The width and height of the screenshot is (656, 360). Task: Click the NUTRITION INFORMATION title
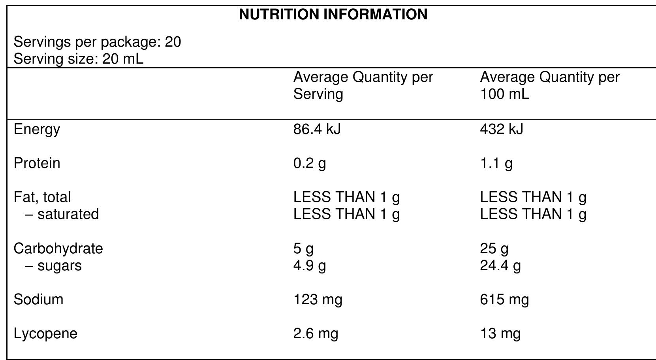[x=333, y=15]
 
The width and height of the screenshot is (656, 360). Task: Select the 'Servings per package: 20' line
[x=97, y=42]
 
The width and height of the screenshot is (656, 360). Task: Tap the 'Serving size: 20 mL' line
[x=78, y=59]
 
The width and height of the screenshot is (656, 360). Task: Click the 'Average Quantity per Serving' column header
[x=363, y=85]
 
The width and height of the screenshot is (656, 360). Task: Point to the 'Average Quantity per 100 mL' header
[x=550, y=85]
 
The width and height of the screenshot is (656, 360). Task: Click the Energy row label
[x=37, y=130]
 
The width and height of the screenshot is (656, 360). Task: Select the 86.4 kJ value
[x=317, y=129]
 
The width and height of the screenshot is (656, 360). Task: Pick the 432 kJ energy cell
[x=501, y=129]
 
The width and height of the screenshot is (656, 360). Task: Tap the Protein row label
[x=37, y=163]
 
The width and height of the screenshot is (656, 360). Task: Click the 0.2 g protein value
[x=309, y=163]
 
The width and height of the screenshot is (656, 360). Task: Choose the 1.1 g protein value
[x=496, y=163]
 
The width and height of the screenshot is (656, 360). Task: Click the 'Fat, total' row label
[x=42, y=197]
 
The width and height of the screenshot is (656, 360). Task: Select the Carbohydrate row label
[x=58, y=249]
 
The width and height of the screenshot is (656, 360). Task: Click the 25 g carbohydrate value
[x=494, y=249]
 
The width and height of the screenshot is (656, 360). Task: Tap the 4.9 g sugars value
[x=309, y=266]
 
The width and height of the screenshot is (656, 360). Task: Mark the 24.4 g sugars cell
[x=500, y=266]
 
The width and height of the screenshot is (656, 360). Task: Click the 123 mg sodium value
[x=318, y=300]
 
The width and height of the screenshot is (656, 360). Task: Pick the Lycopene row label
[x=45, y=334]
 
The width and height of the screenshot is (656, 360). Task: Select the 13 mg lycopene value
[x=500, y=334]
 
